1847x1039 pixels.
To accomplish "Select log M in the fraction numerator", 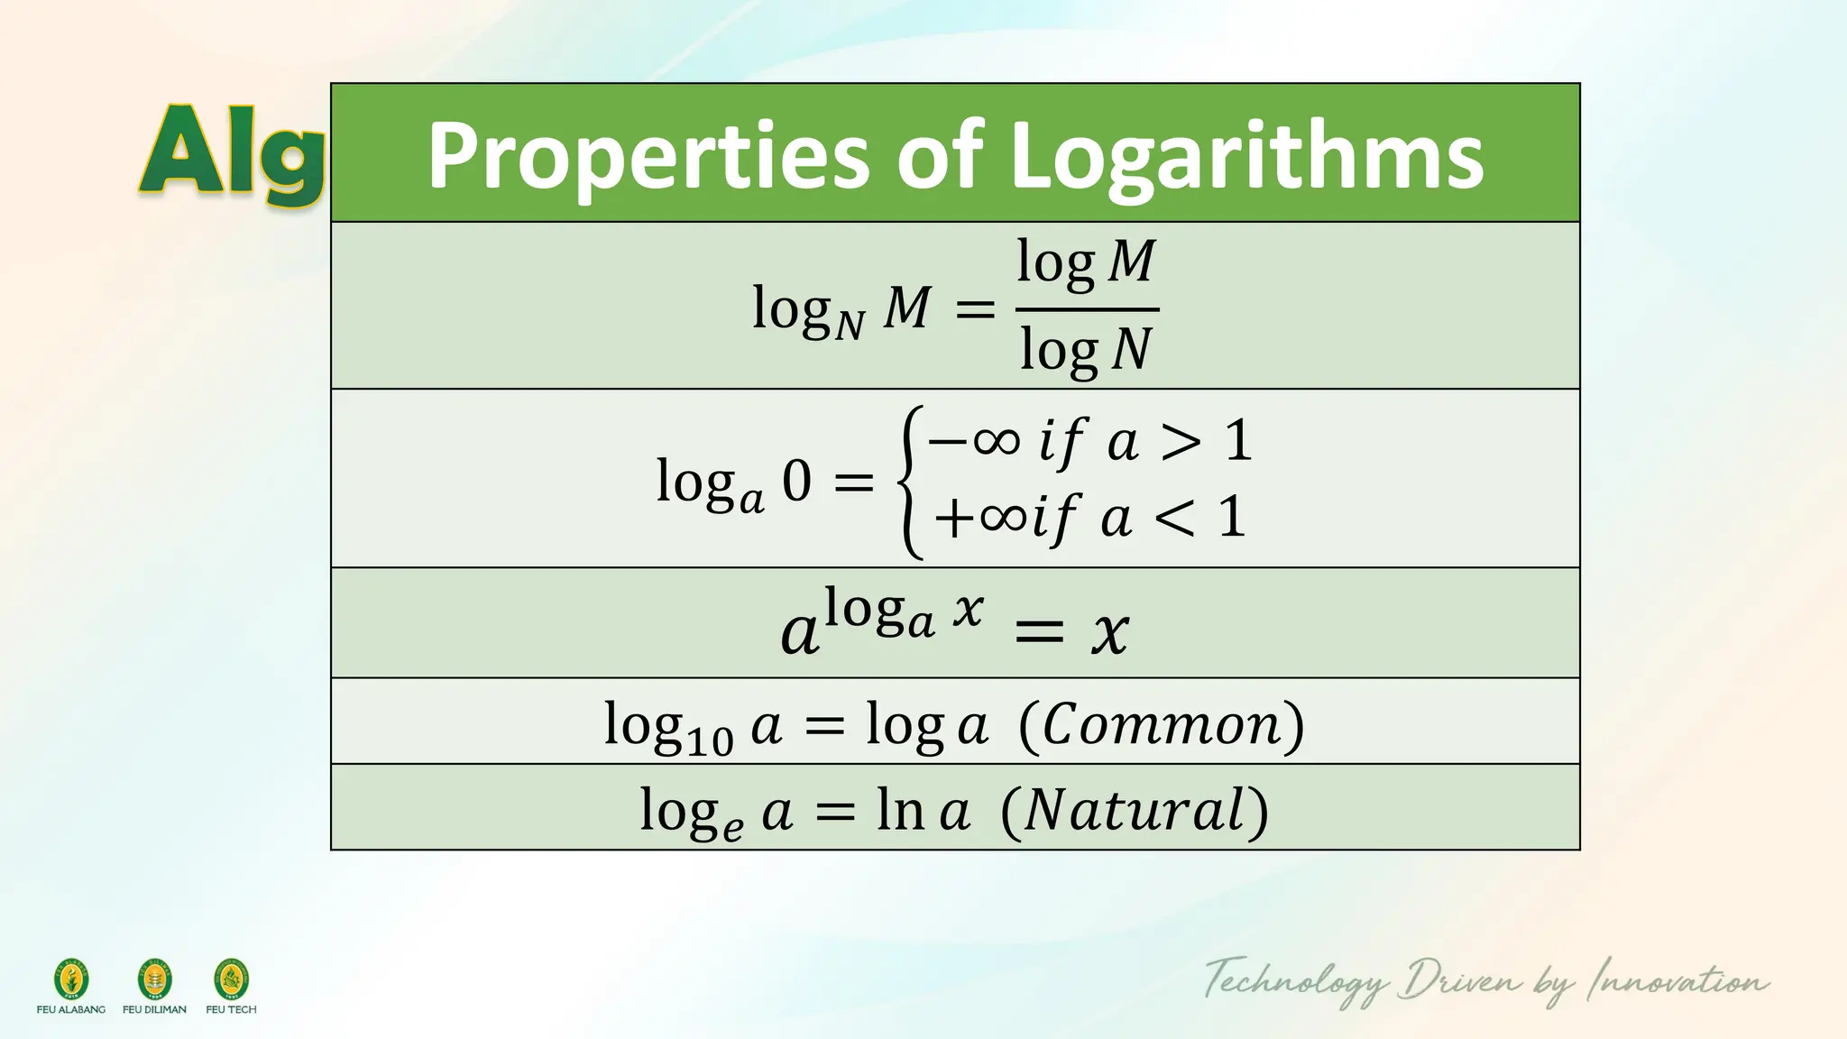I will click(1086, 262).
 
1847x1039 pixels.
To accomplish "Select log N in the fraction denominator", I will click(1086, 350).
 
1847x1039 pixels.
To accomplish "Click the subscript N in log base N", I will click(850, 325).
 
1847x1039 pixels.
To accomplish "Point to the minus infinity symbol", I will click(974, 442).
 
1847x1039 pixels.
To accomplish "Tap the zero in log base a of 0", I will click(796, 481).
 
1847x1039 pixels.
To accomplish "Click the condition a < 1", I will click(1173, 518).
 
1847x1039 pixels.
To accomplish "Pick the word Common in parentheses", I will click(1162, 724).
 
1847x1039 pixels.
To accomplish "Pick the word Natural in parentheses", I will click(1135, 809).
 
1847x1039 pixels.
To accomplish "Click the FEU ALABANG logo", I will click(71, 980).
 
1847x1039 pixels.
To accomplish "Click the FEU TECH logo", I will click(231, 980).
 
